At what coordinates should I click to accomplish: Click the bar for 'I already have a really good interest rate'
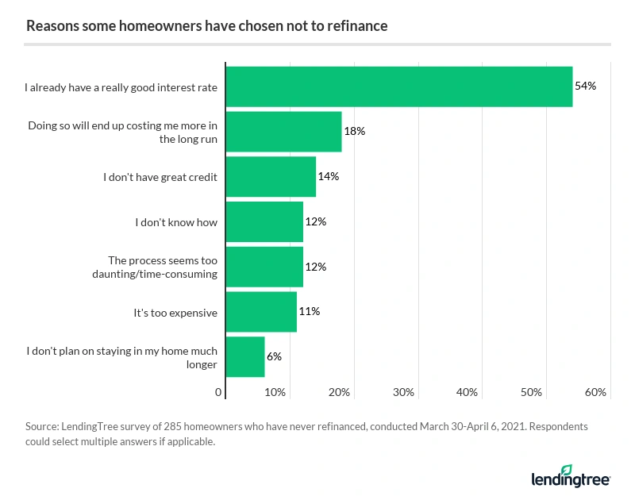click(x=399, y=87)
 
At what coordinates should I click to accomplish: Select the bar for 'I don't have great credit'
click(x=271, y=176)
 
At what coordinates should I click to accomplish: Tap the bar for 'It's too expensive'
click(x=261, y=312)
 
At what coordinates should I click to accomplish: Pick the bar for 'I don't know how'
click(x=264, y=221)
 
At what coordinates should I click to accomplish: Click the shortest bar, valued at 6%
click(x=245, y=357)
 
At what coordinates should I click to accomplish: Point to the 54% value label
click(x=585, y=86)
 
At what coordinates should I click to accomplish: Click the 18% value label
click(x=354, y=131)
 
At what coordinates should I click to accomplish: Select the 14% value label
click(x=329, y=176)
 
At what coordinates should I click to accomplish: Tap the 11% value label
click(x=310, y=312)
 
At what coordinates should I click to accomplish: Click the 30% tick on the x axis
click(x=404, y=392)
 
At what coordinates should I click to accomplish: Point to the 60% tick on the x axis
click(x=595, y=392)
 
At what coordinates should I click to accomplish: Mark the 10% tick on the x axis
click(x=275, y=392)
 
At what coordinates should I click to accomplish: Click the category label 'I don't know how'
click(x=175, y=222)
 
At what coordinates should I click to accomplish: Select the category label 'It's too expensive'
click(x=175, y=313)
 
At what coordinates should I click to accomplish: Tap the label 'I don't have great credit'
click(x=160, y=177)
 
